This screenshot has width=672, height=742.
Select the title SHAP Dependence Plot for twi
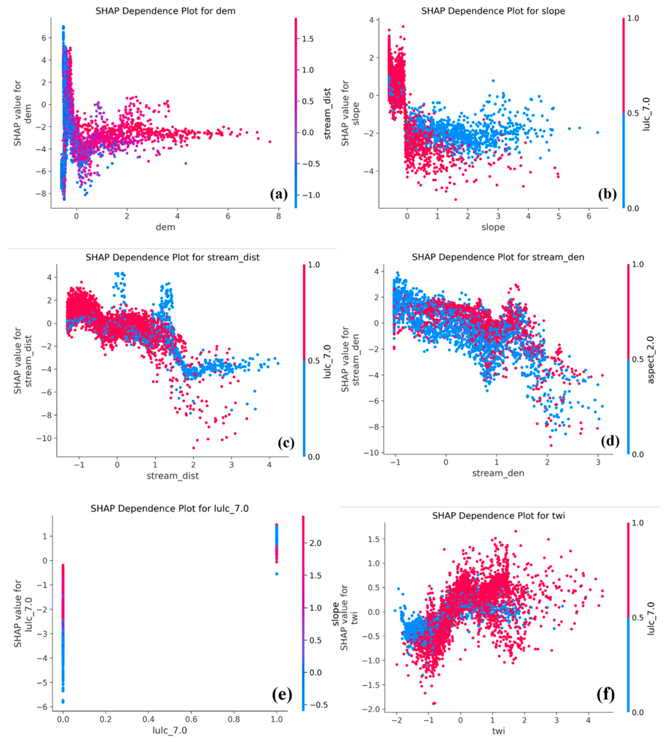point(498,516)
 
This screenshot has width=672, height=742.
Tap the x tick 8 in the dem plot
point(278,216)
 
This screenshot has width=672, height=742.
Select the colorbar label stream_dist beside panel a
point(327,113)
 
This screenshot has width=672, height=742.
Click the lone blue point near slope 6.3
point(597,133)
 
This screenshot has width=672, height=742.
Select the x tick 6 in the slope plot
point(589,216)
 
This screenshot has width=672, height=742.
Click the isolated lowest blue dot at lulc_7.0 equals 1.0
point(276,574)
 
